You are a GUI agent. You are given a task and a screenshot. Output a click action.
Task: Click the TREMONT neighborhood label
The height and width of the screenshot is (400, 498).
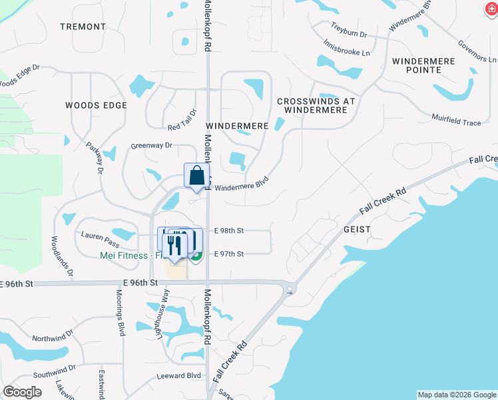pos(83,27)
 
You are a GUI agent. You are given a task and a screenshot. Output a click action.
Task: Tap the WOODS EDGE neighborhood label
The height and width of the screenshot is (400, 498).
pos(96,105)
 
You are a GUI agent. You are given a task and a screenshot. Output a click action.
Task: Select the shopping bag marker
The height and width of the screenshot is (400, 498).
pos(197,177)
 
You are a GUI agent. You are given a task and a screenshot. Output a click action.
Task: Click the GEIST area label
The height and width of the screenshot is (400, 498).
pos(356,229)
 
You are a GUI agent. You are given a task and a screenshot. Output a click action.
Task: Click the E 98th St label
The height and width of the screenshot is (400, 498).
pos(229,231)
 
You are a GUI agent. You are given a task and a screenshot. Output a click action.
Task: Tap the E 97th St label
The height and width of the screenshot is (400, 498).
pos(229,254)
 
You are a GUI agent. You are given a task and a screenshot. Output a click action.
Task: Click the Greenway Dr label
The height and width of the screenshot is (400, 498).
pos(151,145)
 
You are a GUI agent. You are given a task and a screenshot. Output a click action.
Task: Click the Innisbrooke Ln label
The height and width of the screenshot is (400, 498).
pos(346,46)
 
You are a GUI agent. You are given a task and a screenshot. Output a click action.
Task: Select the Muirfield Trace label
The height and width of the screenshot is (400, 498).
pos(459,123)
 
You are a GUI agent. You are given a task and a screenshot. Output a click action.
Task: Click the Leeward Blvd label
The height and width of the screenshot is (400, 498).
pos(178,376)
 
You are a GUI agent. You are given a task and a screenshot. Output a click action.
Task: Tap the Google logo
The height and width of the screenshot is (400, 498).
pos(22,392)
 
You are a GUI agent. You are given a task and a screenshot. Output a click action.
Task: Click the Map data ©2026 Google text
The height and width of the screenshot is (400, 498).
pos(456,395)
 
